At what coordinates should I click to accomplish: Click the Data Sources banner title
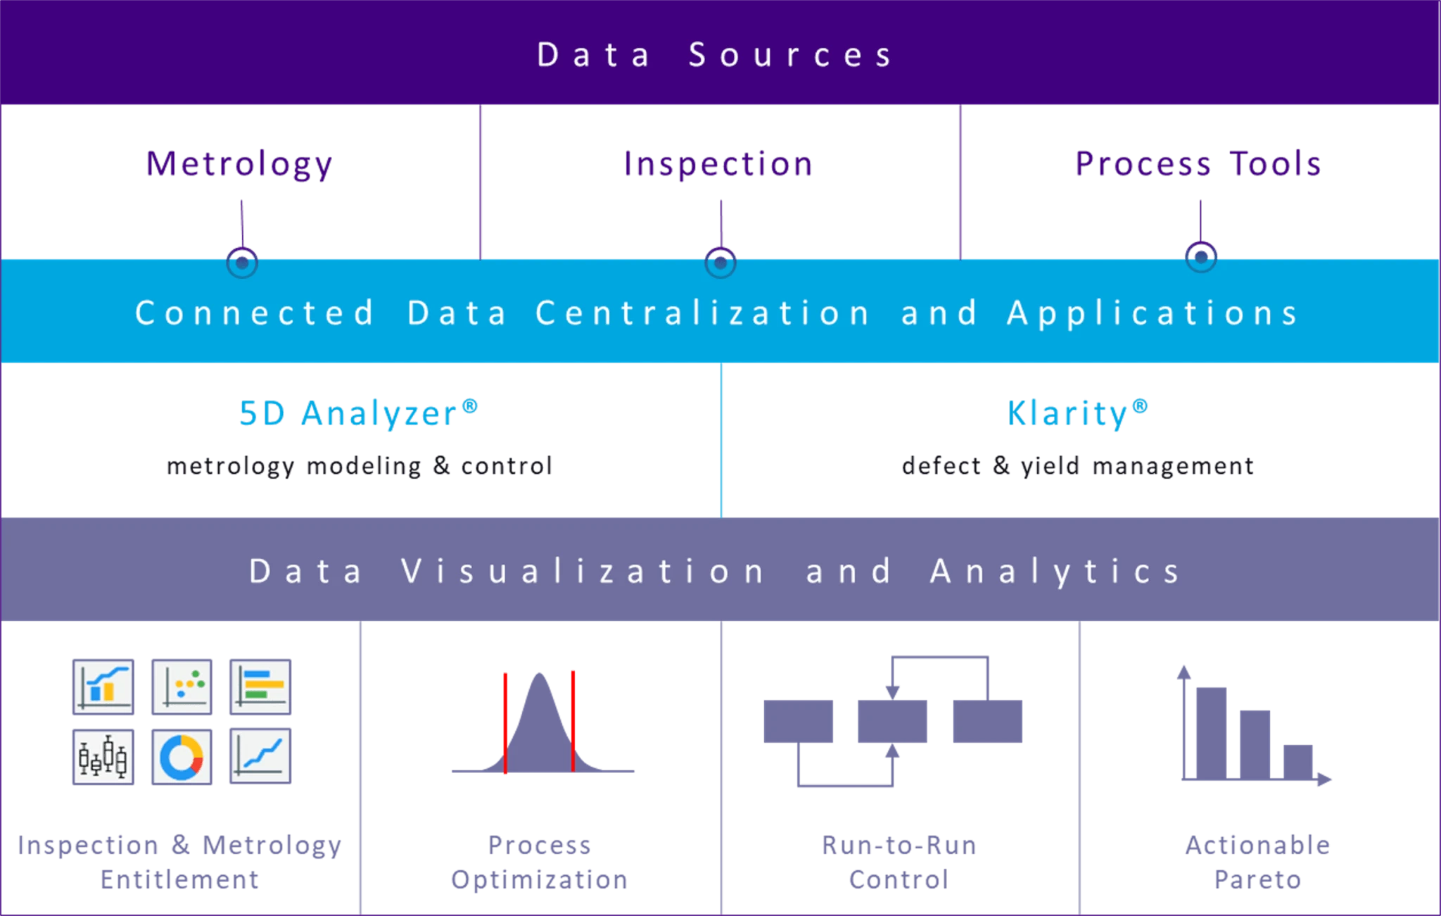point(715,55)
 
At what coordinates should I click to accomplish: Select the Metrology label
point(239,165)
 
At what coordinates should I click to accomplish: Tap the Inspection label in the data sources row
point(718,165)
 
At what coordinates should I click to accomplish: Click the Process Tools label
point(1198,163)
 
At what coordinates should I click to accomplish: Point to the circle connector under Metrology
point(242,263)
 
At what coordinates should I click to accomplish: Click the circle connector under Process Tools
point(1201,257)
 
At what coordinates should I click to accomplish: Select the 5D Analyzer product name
point(358,413)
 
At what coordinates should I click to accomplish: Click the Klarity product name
point(1077,413)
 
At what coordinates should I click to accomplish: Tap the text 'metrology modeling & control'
point(360,466)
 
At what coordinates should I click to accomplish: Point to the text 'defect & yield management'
point(1078,466)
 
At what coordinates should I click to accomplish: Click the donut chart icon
point(182,758)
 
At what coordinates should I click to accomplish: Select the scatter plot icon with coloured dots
point(182,687)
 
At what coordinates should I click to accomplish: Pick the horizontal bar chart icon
point(260,687)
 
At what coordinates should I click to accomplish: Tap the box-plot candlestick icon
point(103,758)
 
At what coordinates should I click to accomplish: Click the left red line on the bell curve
point(505,723)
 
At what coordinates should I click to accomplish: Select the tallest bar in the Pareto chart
point(1211,733)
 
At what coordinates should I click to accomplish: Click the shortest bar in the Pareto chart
point(1298,762)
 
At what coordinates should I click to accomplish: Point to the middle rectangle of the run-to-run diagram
point(892,721)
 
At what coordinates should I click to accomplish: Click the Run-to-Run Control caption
point(899,862)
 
